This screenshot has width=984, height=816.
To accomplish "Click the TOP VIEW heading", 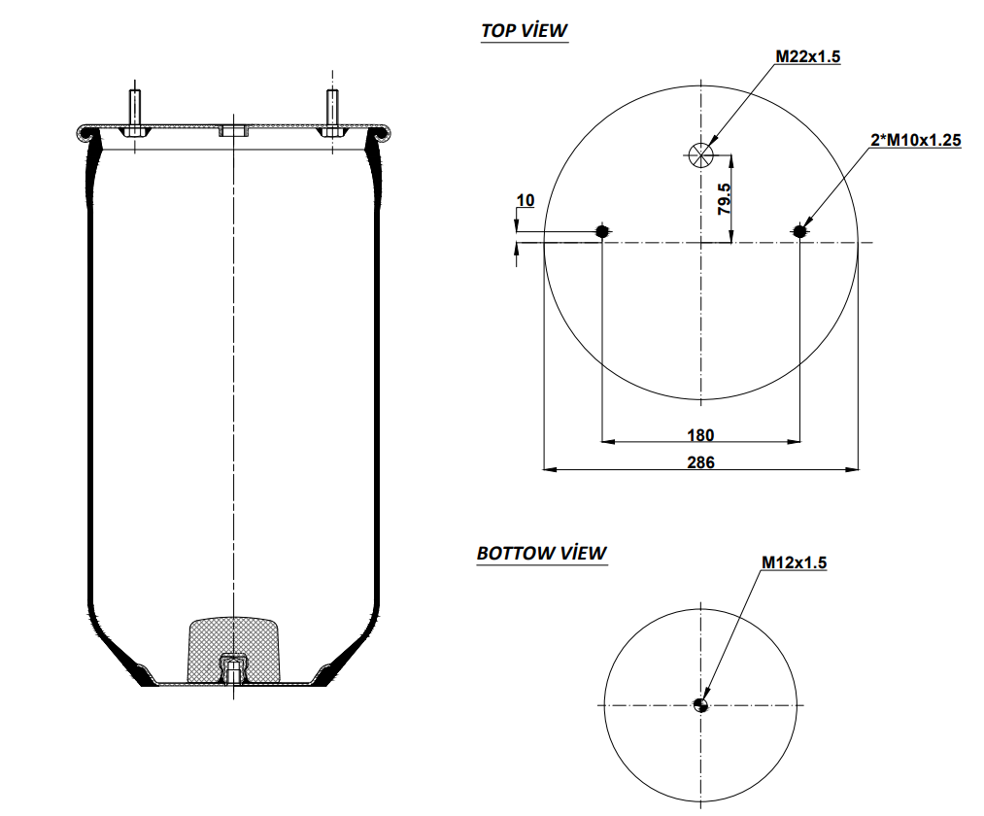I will (x=524, y=30).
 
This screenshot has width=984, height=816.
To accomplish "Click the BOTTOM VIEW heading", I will (x=541, y=553).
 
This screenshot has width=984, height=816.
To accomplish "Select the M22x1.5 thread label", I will (x=807, y=56).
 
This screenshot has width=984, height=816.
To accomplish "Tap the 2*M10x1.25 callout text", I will (x=915, y=141).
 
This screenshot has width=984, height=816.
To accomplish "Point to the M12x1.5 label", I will (x=794, y=562).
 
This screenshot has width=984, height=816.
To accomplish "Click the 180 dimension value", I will (x=700, y=434).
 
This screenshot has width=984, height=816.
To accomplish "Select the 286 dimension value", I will (x=700, y=462).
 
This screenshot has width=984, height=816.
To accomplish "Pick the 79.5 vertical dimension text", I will (x=724, y=197).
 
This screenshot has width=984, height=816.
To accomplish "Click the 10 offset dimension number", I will (x=525, y=200).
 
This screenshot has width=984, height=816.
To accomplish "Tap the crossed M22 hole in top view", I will (x=700, y=153).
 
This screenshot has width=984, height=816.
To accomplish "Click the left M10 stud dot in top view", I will (x=602, y=231).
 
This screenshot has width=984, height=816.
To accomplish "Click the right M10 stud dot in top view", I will (x=799, y=231).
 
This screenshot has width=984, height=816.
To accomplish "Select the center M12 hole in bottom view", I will (x=701, y=705).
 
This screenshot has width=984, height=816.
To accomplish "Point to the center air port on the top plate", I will (x=234, y=131).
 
